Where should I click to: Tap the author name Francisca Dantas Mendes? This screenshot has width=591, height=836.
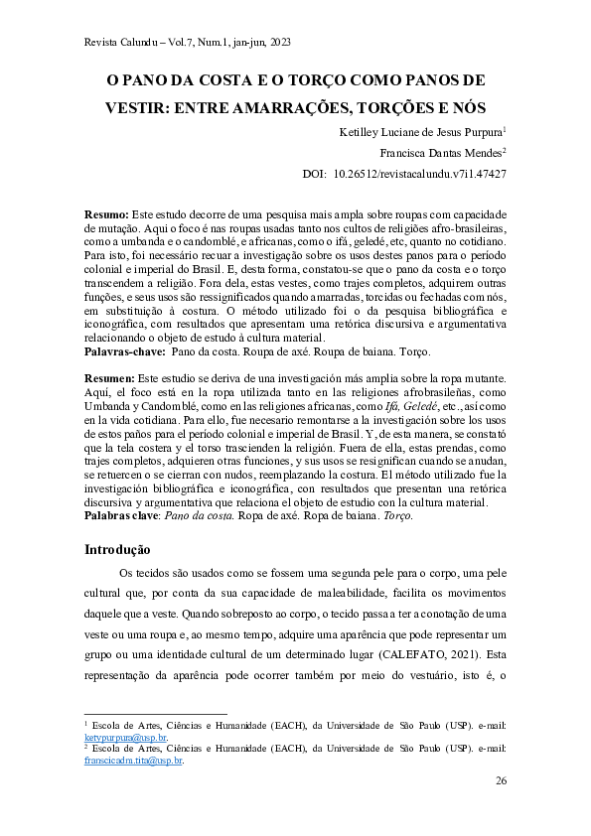click(x=440, y=152)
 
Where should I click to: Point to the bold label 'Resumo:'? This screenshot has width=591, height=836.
click(x=106, y=214)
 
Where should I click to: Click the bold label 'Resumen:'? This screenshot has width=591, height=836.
click(x=109, y=379)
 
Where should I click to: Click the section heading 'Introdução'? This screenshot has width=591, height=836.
click(x=117, y=549)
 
